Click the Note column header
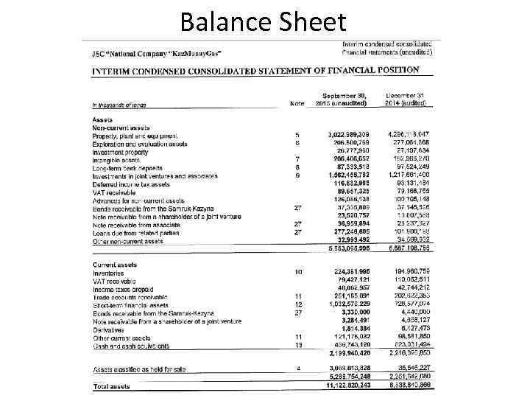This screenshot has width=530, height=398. click(297, 103)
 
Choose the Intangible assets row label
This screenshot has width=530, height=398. click(116, 159)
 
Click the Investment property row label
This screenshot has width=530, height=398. click(120, 152)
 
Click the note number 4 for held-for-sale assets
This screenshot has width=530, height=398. click(298, 369)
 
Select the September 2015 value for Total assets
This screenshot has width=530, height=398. click(349, 386)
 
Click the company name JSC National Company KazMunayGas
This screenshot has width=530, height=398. click(157, 54)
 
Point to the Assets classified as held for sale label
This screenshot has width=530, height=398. click(139, 369)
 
